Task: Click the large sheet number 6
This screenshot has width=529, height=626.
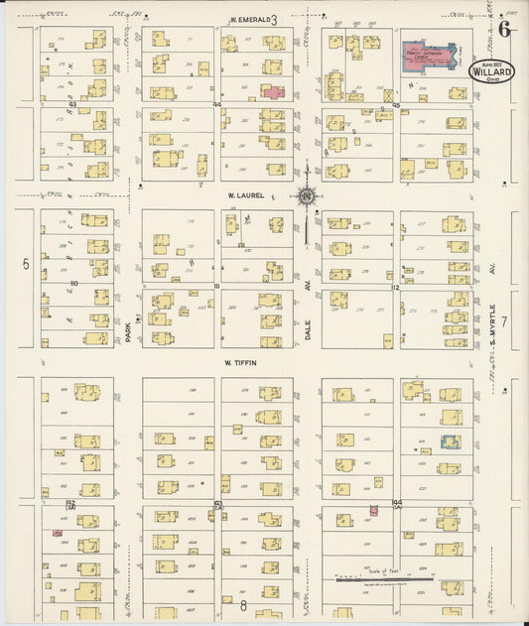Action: point(505,28)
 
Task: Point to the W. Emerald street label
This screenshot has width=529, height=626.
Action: point(247,19)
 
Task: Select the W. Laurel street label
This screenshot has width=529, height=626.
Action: point(245,195)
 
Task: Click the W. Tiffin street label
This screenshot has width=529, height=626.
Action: point(239,363)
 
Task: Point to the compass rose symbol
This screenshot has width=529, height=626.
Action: point(308,195)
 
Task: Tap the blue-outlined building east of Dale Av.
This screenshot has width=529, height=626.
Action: point(451,441)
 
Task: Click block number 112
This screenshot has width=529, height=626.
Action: point(395,287)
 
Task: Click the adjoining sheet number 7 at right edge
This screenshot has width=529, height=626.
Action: point(504,321)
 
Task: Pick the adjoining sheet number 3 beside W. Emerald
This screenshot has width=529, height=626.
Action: point(274,19)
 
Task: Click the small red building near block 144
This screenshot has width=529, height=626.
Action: point(373,510)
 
